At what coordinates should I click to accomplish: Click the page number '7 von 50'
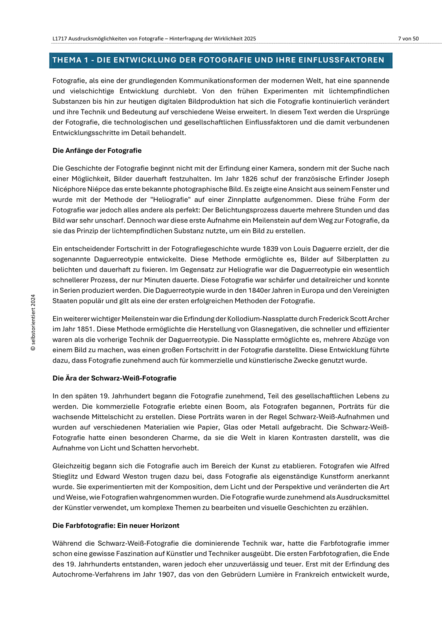pos(408,38)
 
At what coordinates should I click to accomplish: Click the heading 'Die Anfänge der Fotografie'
pos(97,150)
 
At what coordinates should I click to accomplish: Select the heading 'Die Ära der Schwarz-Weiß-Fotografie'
pos(114,378)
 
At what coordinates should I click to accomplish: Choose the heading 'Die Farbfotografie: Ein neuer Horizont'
pos(116,526)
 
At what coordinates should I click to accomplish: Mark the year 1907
pos(166,575)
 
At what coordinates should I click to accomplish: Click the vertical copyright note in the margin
pos(33,322)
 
